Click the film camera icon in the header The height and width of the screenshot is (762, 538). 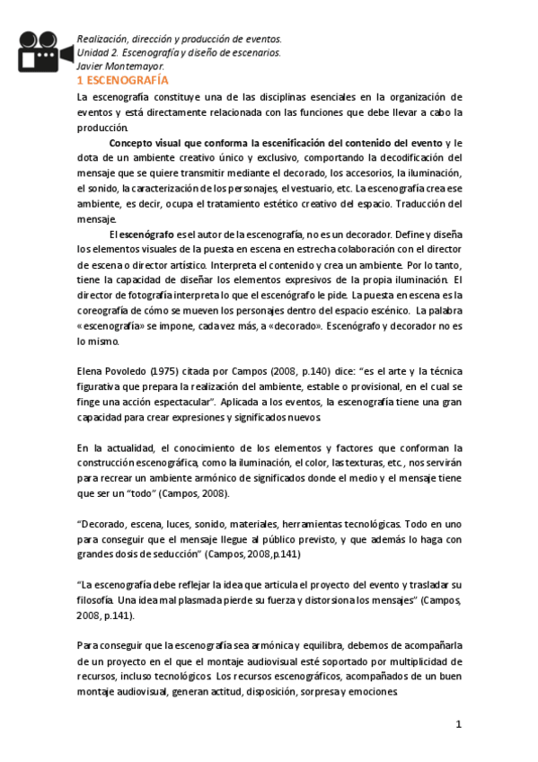[43, 51]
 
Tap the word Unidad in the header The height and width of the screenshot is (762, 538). [93, 53]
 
